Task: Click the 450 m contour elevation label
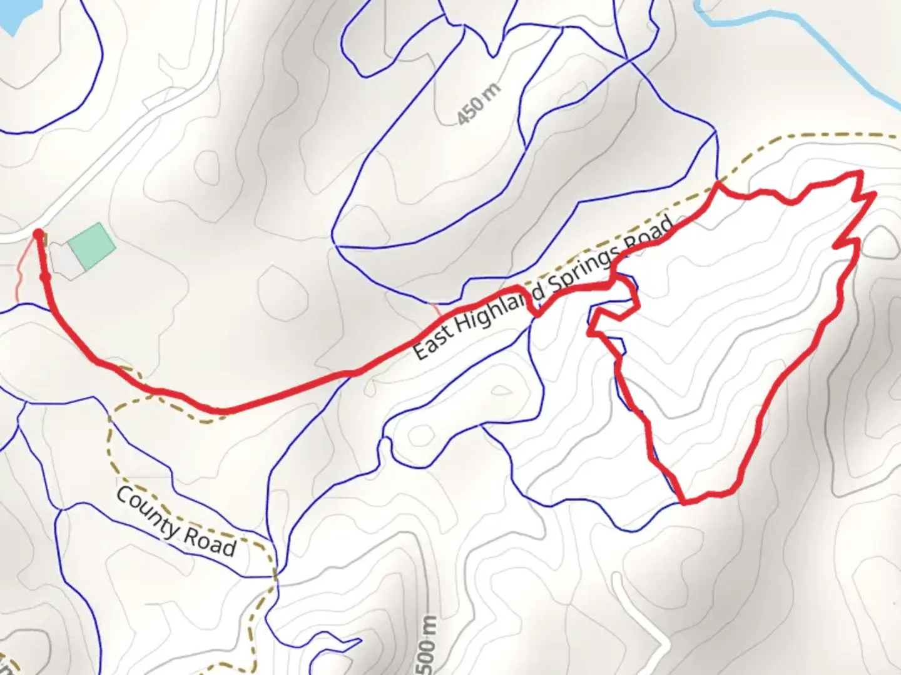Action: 479,104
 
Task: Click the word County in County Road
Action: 148,515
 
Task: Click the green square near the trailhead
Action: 91,246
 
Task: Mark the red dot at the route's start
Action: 38,234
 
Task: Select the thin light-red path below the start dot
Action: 20,275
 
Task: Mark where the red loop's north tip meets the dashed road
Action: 718,184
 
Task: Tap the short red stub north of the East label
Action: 435,309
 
